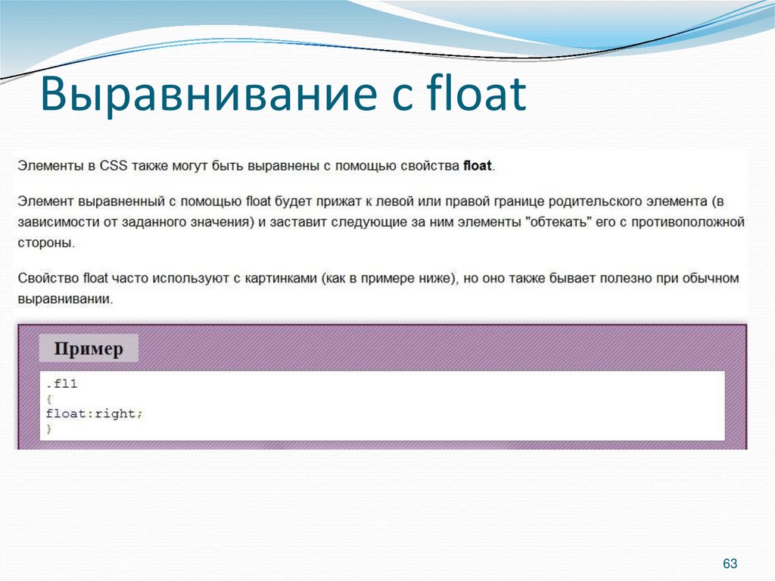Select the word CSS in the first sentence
tap(114, 166)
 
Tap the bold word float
tap(478, 166)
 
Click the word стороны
tap(46, 243)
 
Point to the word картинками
tap(279, 279)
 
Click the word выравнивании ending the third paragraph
tap(64, 299)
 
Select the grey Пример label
tap(89, 349)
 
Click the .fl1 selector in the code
tap(61, 384)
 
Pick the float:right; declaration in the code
tap(94, 414)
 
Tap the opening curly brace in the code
tap(49, 399)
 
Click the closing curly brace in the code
tap(49, 429)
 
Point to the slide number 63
tap(730, 564)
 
